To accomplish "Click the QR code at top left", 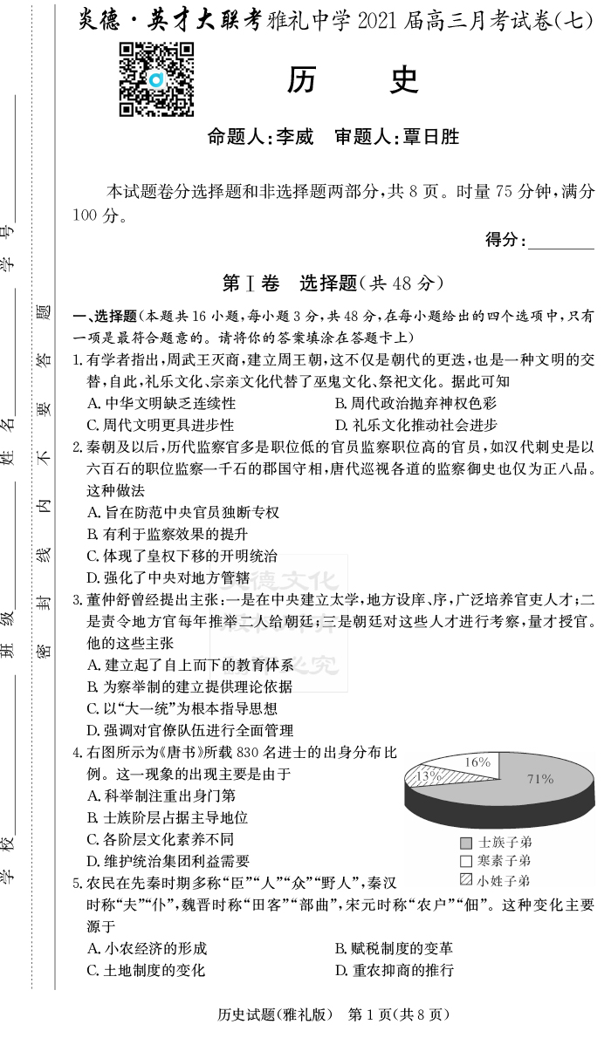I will pyautogui.click(x=156, y=80).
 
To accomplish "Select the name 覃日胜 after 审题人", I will pyautogui.click(x=429, y=137).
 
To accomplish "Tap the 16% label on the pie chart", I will pyautogui.click(x=477, y=762).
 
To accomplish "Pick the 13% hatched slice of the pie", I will pyautogui.click(x=429, y=775).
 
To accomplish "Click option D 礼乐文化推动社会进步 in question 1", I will pyautogui.click(x=416, y=425).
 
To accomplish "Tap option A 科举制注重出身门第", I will pyautogui.click(x=161, y=796).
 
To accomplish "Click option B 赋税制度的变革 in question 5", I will pyautogui.click(x=394, y=949).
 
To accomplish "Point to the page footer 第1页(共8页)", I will pyautogui.click(x=399, y=1014).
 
